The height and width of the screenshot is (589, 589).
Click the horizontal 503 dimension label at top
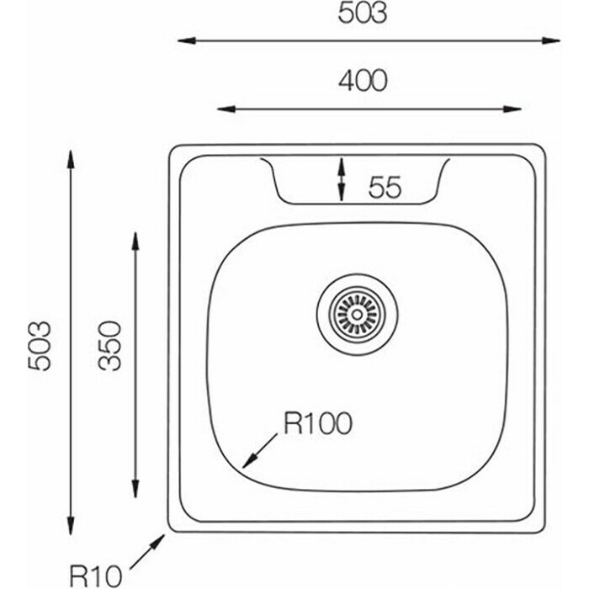point(363,14)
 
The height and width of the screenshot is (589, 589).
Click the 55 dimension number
point(383,188)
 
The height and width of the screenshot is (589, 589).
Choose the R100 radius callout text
point(316,423)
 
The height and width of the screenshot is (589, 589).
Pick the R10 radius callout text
point(97,576)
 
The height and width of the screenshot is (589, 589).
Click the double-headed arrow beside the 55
point(341,179)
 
